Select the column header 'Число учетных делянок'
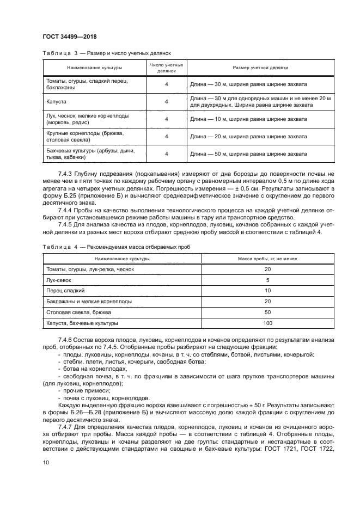point(167,68)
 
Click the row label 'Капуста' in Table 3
point(57,101)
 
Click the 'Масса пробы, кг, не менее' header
point(267,259)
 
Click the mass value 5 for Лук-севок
point(267,280)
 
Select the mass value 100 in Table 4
point(267,323)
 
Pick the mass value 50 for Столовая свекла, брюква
point(267,312)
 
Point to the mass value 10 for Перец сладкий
point(267,291)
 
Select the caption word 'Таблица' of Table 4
point(56,247)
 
